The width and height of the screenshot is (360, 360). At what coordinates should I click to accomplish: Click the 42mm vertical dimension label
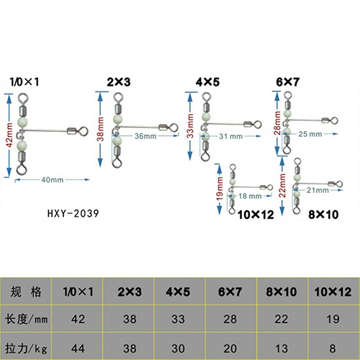click(9, 135)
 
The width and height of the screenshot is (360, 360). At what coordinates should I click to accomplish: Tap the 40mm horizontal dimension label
click(53, 180)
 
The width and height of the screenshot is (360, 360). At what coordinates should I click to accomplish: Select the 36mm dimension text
click(145, 136)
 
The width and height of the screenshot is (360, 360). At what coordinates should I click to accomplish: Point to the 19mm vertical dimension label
click(220, 189)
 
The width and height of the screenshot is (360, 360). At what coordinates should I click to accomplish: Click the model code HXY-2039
click(73, 213)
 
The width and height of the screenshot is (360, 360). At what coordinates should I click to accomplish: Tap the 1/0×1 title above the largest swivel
click(24, 82)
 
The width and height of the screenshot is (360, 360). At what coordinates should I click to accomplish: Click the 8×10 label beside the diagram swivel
click(323, 215)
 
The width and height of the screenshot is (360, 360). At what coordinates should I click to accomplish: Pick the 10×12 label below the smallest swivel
click(256, 215)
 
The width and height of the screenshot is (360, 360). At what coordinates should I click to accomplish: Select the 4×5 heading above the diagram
click(207, 82)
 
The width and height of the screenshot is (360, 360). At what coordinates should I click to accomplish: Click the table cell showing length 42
click(78, 319)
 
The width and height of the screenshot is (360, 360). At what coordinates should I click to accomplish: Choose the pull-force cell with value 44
click(78, 348)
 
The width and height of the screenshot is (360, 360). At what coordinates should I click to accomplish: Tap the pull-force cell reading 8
click(333, 348)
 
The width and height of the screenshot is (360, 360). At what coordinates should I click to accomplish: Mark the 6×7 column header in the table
click(230, 292)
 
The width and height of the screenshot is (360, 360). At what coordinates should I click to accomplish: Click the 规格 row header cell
click(26, 292)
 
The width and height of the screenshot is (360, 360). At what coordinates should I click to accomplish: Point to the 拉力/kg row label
click(26, 348)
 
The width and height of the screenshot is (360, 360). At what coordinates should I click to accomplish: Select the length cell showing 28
click(230, 319)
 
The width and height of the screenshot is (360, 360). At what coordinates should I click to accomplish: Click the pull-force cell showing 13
click(282, 348)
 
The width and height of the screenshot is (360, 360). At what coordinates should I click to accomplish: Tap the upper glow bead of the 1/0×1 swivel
click(22, 122)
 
